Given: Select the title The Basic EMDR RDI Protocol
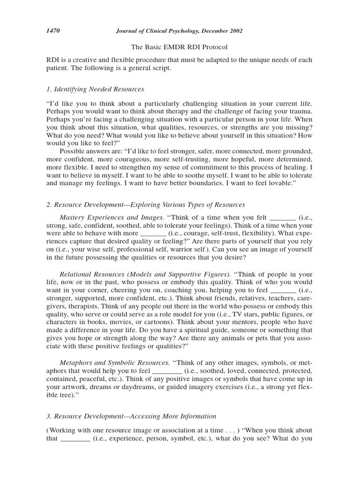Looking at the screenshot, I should (180, 47).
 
